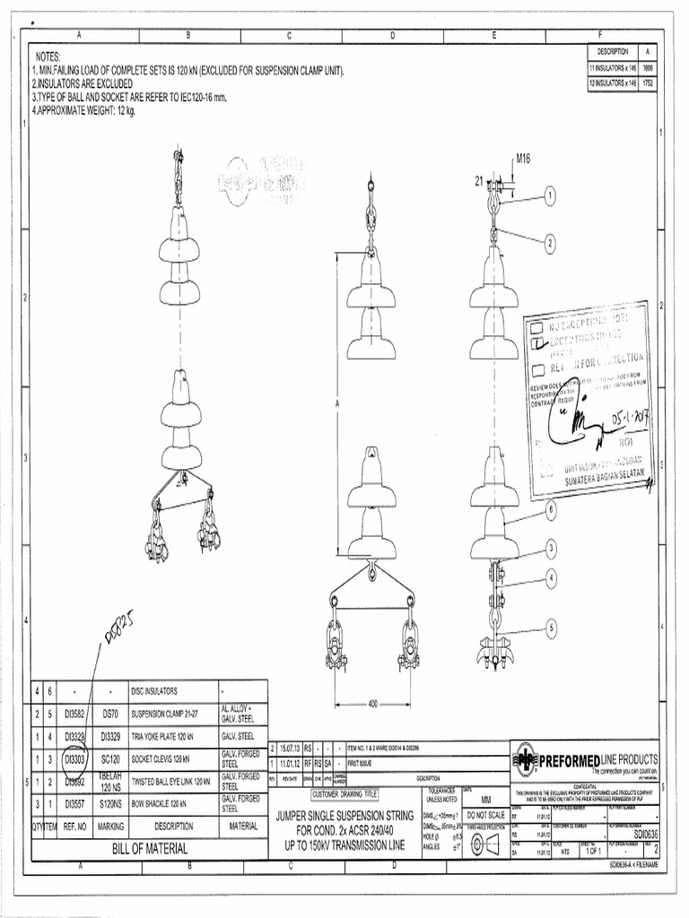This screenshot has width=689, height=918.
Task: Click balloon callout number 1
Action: (x=548, y=194)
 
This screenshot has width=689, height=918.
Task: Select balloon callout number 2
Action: (x=548, y=241)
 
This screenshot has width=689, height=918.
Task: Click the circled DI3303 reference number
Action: (x=74, y=758)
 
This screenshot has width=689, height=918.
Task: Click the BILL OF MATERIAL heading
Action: (x=150, y=848)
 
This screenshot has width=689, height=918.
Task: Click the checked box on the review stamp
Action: (x=537, y=342)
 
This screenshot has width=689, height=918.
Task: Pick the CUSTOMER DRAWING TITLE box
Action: (x=344, y=794)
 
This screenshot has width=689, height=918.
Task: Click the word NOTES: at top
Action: (x=48, y=56)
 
